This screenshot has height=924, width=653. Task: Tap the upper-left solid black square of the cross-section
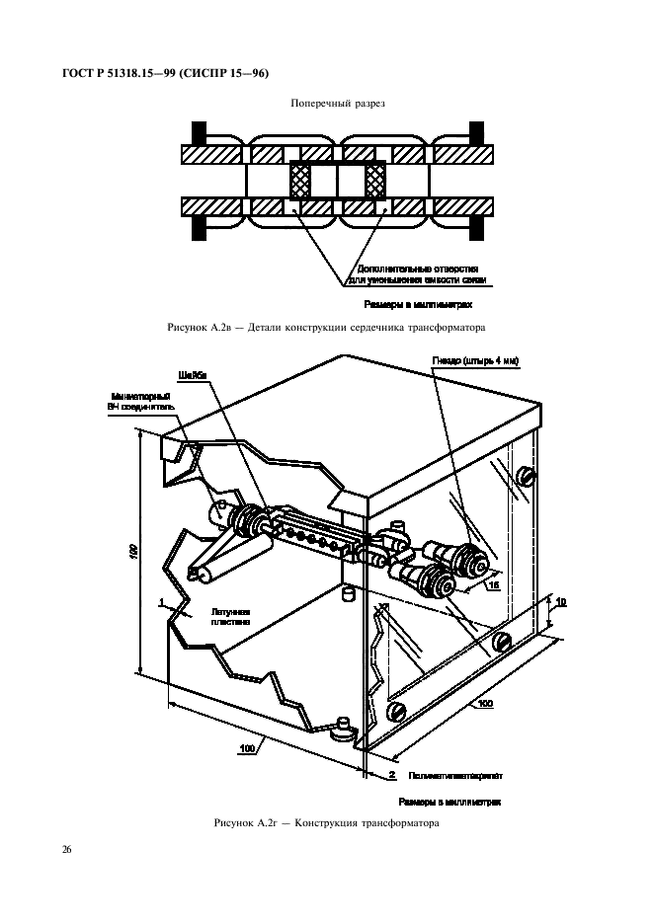click(x=199, y=133)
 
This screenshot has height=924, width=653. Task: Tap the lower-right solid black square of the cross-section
click(x=475, y=227)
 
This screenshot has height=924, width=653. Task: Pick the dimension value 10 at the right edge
click(x=560, y=600)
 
